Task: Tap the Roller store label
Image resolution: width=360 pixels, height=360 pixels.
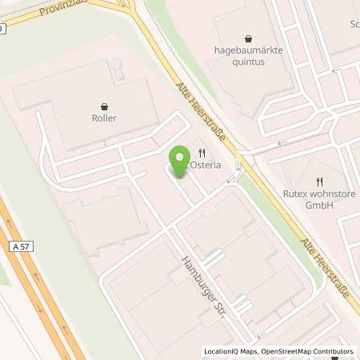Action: click(x=105, y=118)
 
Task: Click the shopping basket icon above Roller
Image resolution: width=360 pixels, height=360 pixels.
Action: click(x=105, y=105)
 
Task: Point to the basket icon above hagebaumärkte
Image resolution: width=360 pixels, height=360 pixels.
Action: click(x=250, y=36)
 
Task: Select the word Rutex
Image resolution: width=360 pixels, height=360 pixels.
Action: click(x=296, y=194)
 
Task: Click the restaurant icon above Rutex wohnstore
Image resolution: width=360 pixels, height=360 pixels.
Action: click(x=318, y=181)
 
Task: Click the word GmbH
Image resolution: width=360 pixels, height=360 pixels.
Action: click(x=319, y=205)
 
